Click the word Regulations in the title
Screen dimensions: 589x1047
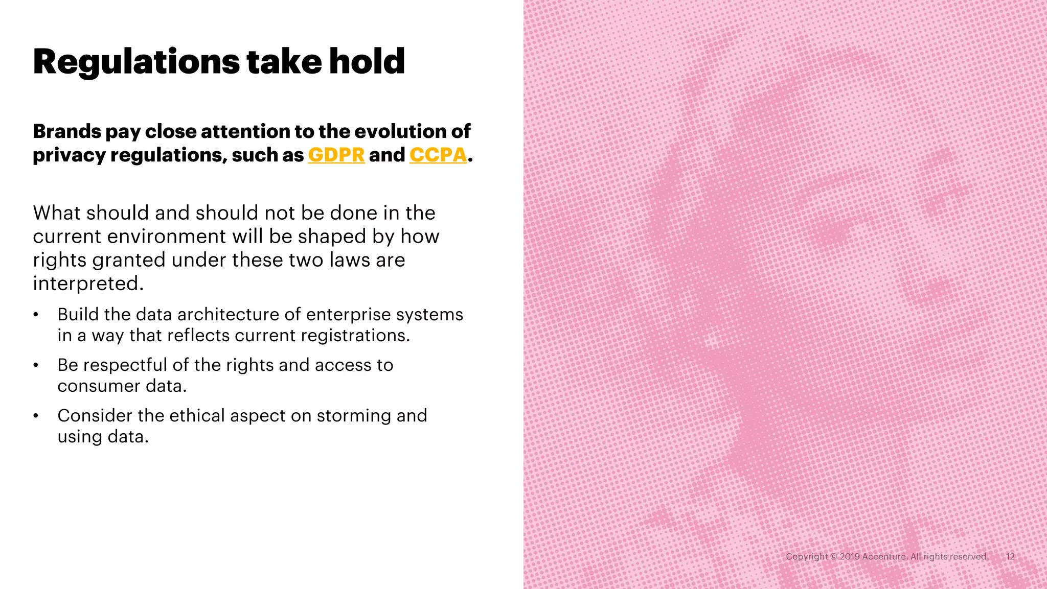pos(136,62)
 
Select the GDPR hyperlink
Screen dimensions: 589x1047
pos(336,155)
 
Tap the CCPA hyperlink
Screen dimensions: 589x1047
pos(438,155)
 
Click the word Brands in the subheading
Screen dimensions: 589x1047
pos(67,131)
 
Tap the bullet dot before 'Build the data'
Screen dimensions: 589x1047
pos(36,315)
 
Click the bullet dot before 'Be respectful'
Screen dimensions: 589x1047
pos(36,366)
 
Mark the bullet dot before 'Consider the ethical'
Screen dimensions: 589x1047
pos(36,416)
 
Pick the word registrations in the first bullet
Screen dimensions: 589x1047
pos(354,336)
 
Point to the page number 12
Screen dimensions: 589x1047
pos(1010,557)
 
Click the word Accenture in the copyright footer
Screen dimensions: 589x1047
pos(884,557)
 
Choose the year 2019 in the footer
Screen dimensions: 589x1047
pos(849,557)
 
